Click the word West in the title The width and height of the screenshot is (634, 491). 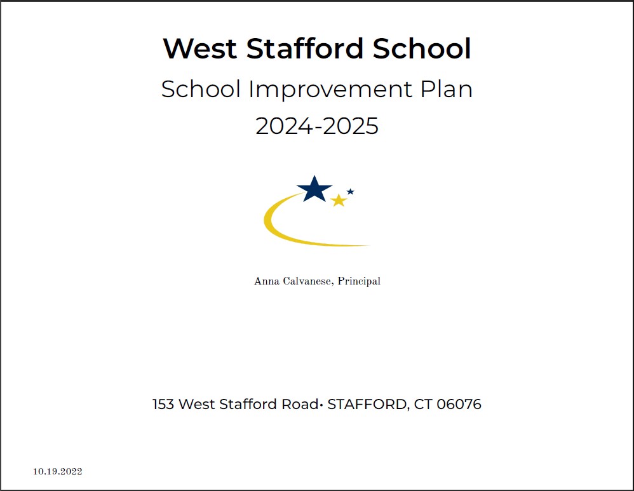tap(200, 49)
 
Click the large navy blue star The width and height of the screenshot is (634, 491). tap(314, 189)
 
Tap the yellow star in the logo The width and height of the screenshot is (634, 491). tap(339, 201)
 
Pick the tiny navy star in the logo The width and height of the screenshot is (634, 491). tap(350, 191)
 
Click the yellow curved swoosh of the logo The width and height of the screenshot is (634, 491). tap(280, 232)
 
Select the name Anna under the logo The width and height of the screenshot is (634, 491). tap(266, 281)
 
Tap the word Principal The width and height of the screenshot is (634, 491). tap(359, 281)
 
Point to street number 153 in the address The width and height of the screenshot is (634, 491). tap(163, 404)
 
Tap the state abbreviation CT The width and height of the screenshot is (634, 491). tap(423, 404)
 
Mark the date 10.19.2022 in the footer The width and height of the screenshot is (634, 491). tap(58, 471)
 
